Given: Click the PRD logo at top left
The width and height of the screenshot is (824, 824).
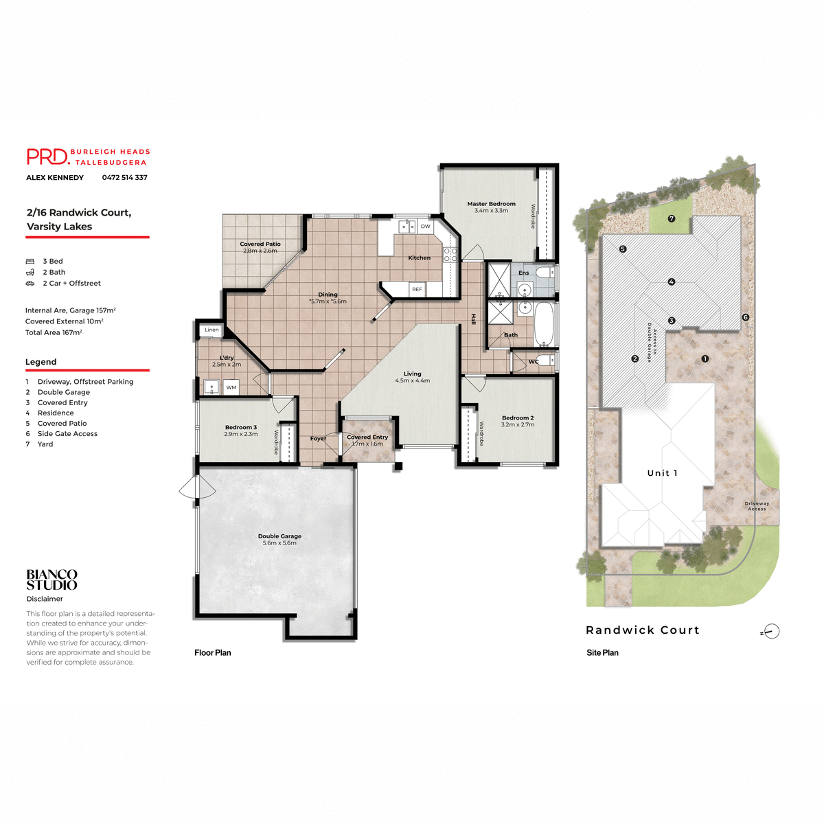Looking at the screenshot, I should pyautogui.click(x=48, y=157).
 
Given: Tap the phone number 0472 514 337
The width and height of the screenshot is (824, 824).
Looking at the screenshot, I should pyautogui.click(x=124, y=178).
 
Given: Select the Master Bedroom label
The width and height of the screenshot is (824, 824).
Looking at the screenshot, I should pyautogui.click(x=491, y=204).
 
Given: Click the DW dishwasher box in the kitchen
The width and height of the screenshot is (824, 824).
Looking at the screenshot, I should pyautogui.click(x=426, y=227).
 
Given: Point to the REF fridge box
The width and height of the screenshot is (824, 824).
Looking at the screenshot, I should pyautogui.click(x=417, y=290).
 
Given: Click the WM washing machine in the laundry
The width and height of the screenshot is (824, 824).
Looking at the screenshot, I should pyautogui.click(x=231, y=387).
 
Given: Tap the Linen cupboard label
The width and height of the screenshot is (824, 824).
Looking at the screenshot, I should pyautogui.click(x=211, y=330).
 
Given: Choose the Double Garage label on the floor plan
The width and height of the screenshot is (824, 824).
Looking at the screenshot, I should pyautogui.click(x=279, y=536).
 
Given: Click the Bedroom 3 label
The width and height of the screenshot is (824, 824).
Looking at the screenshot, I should pyautogui.click(x=240, y=427).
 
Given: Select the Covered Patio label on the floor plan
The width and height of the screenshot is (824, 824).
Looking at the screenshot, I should pyautogui.click(x=260, y=244).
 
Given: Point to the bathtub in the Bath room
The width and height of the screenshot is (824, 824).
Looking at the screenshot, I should pyautogui.click(x=544, y=324).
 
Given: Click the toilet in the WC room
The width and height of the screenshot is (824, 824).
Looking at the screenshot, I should pyautogui.click(x=545, y=360).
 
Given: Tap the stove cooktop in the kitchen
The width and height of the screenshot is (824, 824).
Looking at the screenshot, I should pyautogui.click(x=450, y=255).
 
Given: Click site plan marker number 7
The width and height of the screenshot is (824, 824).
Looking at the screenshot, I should pyautogui.click(x=672, y=219).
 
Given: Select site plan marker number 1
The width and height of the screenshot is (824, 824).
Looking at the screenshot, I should pyautogui.click(x=705, y=359).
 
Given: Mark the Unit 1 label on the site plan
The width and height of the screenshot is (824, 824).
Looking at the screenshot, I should pyautogui.click(x=662, y=473).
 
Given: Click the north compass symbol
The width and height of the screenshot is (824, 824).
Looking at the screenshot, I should pyautogui.click(x=771, y=632).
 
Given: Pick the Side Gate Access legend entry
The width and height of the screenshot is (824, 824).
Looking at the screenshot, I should pyautogui.click(x=67, y=434).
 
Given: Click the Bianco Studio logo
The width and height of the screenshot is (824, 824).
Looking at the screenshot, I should pyautogui.click(x=52, y=580).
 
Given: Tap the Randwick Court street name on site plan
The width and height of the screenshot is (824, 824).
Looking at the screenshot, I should pyautogui.click(x=642, y=630).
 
